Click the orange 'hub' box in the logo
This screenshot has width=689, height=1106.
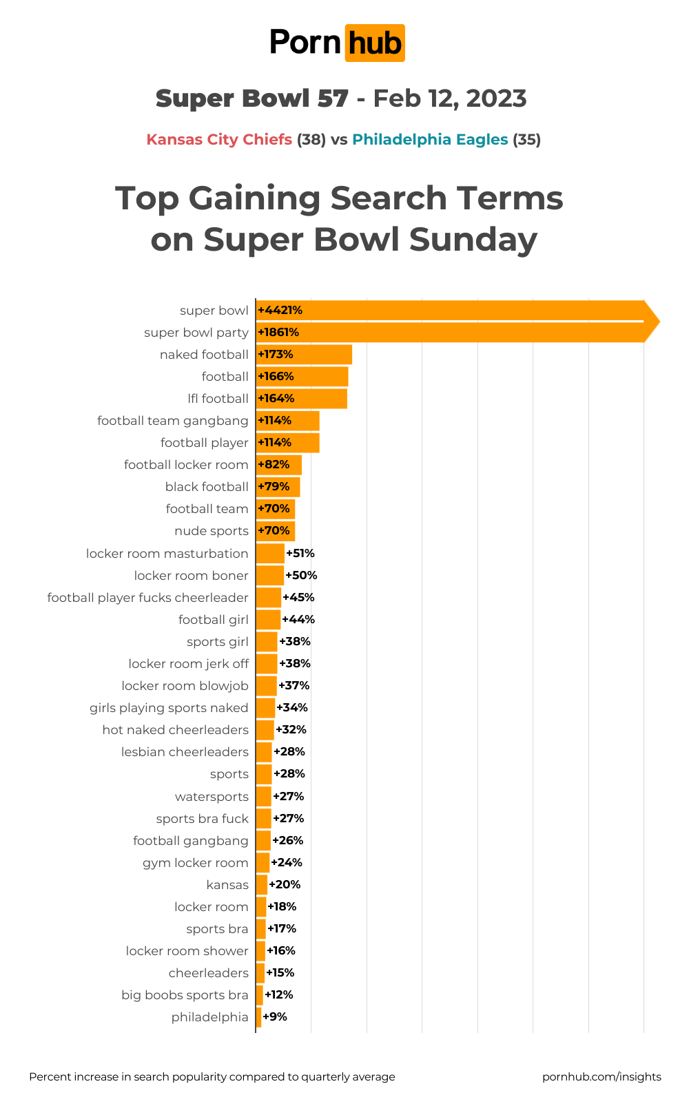point(374,43)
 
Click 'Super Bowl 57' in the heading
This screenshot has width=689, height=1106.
point(251,98)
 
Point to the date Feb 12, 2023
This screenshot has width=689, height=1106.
point(450,98)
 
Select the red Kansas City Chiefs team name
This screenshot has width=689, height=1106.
point(219,140)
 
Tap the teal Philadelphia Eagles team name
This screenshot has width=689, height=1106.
point(430,140)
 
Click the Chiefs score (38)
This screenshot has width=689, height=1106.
point(311,140)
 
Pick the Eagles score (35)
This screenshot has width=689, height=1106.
point(526,140)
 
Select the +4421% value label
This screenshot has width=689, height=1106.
point(280,311)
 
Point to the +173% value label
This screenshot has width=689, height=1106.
point(276,355)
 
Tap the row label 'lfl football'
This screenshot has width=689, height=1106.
point(218,399)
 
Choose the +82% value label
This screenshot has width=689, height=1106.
point(274,465)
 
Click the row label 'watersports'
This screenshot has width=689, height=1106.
point(212,797)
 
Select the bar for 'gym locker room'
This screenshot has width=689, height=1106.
point(263,863)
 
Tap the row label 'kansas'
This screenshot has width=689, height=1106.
point(227,885)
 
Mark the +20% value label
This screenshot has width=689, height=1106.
point(285,885)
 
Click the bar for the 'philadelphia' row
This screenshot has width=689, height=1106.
point(258,1017)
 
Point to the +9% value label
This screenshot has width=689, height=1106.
point(275,1017)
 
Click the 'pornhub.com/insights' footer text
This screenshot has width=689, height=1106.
point(601,1077)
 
